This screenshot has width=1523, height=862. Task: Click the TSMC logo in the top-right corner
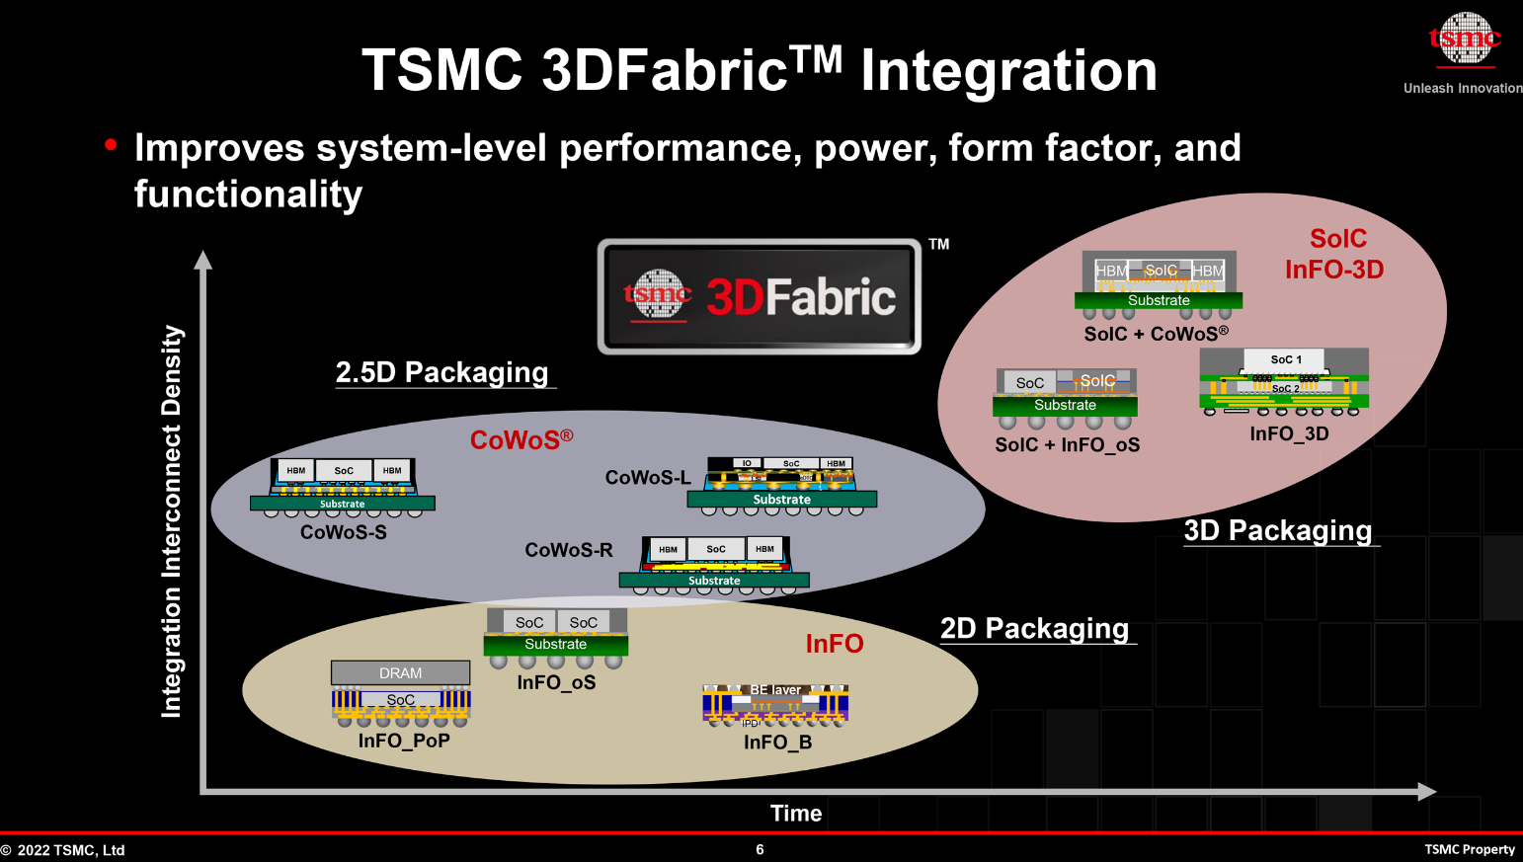pyautogui.click(x=1464, y=39)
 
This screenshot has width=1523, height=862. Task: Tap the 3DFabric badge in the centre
pyautogui.click(x=760, y=296)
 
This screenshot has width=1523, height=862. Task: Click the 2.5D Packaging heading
pyautogui.click(x=441, y=372)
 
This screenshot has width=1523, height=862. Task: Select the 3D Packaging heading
pyautogui.click(x=1278, y=530)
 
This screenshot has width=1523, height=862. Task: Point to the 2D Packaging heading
pyautogui.click(x=1034, y=629)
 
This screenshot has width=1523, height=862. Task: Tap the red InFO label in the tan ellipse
pyautogui.click(x=835, y=644)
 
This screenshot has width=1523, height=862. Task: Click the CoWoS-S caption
pyautogui.click(x=344, y=532)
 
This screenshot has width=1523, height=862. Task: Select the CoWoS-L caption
pyautogui.click(x=648, y=478)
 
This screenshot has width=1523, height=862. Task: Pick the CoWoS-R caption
pyautogui.click(x=569, y=550)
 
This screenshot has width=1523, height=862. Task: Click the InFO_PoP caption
pyautogui.click(x=404, y=741)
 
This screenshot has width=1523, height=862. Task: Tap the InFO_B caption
pyautogui.click(x=777, y=743)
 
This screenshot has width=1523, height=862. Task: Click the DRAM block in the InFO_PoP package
pyautogui.click(x=400, y=672)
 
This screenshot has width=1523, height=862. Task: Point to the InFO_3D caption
pyautogui.click(x=1289, y=433)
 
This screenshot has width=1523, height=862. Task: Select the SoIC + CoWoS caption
pyautogui.click(x=1156, y=334)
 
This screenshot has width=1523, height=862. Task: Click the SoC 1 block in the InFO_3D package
pyautogui.click(x=1286, y=359)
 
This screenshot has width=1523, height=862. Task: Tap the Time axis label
pyautogui.click(x=796, y=814)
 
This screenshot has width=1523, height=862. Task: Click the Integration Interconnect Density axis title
pyautogui.click(x=172, y=521)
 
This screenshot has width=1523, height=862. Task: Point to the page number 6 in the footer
pyautogui.click(x=760, y=849)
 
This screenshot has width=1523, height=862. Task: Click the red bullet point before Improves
pyautogui.click(x=111, y=146)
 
